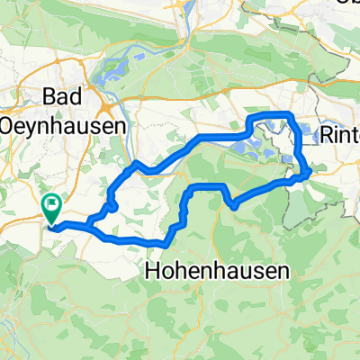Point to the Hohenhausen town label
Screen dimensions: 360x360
(216, 271)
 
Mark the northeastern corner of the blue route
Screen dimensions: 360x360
(290, 113)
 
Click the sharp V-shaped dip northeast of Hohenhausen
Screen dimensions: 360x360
(233, 206)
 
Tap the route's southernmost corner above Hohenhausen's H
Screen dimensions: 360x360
(166, 243)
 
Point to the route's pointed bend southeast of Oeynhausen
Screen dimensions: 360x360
(135, 164)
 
